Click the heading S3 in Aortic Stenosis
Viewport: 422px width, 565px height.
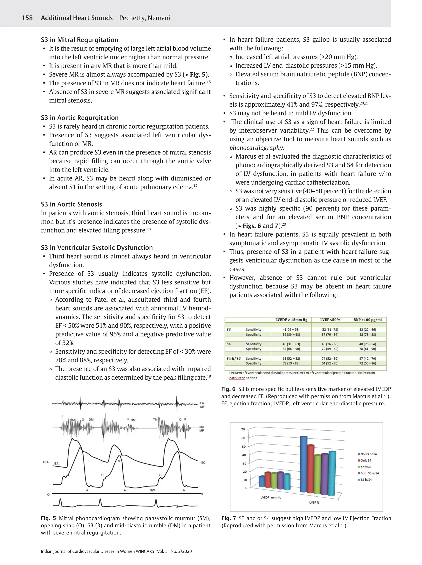point(71,204)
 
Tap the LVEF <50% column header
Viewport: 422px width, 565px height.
point(330,320)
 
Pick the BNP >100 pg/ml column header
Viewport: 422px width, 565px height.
point(367,320)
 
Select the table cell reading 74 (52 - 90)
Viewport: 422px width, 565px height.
point(330,359)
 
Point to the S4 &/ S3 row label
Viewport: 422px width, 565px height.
point(233,359)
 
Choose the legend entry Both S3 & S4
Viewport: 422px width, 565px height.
point(369,473)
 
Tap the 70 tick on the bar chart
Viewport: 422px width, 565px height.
point(243,429)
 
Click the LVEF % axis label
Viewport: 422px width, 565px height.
point(314,503)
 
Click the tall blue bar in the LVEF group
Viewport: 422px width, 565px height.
point(303,465)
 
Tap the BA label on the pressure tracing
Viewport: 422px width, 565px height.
point(56,463)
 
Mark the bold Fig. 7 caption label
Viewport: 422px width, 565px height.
point(229,518)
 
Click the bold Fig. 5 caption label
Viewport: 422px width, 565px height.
point(48,518)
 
